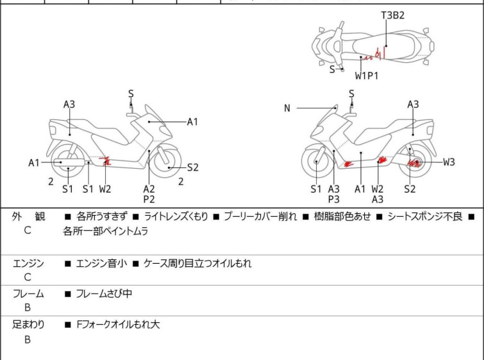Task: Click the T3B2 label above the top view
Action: (392, 15)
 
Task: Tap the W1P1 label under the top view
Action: (367, 75)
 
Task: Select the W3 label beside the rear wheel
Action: (449, 162)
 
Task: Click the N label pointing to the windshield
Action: (287, 108)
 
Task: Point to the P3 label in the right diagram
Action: (334, 200)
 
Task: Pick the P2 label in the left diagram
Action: (149, 200)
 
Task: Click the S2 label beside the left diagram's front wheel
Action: (192, 167)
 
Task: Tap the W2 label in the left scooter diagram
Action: (105, 189)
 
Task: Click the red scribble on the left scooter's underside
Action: (105, 161)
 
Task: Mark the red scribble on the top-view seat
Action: (375, 55)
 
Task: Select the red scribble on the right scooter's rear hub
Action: (413, 163)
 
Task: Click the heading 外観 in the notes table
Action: (28, 216)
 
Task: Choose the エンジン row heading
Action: (28, 263)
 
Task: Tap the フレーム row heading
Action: (28, 293)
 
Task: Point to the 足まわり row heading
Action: (28, 325)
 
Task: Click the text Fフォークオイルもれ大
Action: (118, 325)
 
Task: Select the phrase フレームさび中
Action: (104, 293)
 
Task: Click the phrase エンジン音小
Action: (101, 263)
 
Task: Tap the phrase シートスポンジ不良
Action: (425, 216)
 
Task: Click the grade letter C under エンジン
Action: (28, 277)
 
